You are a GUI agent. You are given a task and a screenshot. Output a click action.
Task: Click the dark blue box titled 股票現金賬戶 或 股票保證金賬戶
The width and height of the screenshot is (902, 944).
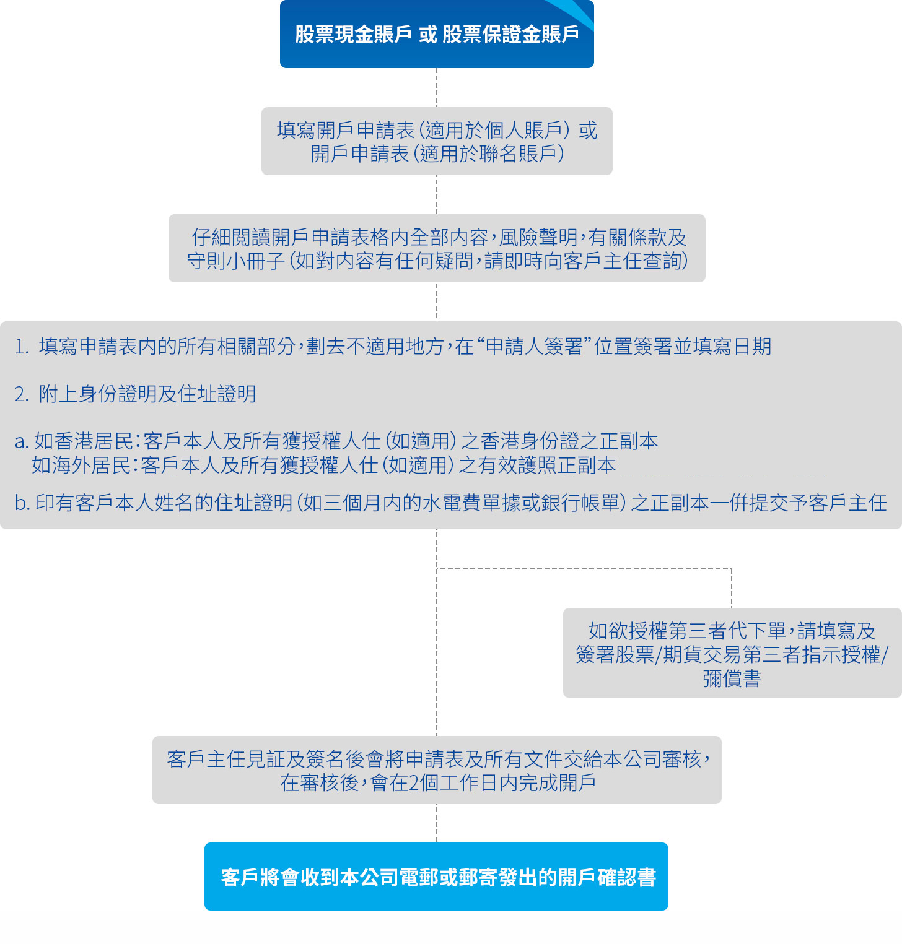(x=437, y=34)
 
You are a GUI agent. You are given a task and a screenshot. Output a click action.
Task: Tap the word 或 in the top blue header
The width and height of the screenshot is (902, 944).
(x=427, y=35)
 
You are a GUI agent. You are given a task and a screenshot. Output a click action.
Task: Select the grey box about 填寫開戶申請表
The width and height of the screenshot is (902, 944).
(x=437, y=141)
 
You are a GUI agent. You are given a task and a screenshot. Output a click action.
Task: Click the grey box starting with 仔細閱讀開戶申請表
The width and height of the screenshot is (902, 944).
(x=437, y=248)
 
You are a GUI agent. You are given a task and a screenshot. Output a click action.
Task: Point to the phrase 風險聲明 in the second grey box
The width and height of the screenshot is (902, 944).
(x=538, y=237)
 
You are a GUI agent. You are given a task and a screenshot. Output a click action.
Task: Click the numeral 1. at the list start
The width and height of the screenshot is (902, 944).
(x=22, y=347)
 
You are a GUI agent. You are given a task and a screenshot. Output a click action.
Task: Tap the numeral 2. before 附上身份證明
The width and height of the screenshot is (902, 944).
(x=22, y=394)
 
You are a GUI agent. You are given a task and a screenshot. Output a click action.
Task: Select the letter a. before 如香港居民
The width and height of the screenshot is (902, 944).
(x=22, y=441)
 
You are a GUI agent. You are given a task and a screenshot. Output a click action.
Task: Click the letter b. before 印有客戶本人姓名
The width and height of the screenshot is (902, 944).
(x=23, y=503)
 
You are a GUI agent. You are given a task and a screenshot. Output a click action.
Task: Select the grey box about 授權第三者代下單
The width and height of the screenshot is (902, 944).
(x=732, y=653)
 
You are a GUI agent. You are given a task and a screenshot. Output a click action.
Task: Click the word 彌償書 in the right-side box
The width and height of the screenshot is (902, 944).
(x=732, y=679)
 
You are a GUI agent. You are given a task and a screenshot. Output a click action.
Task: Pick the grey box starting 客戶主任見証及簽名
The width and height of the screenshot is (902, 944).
(x=437, y=770)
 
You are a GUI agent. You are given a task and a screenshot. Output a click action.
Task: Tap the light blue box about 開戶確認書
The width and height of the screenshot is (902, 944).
(x=436, y=877)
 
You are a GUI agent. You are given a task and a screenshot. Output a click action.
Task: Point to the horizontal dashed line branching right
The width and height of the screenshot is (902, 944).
(x=584, y=569)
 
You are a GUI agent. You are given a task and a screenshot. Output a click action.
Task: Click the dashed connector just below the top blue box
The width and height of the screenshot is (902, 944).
(x=437, y=87)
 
